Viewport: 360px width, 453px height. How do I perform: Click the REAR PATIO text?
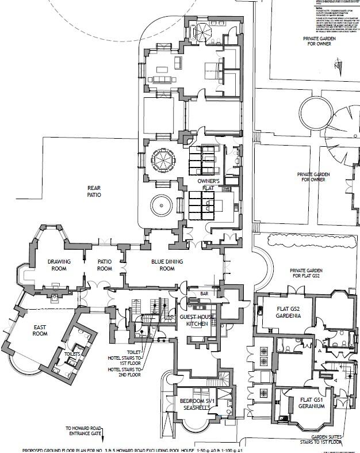coord(94,192)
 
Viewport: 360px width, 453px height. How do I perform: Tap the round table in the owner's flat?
coord(158,205)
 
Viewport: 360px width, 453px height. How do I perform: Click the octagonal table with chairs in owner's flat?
coord(159,162)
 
